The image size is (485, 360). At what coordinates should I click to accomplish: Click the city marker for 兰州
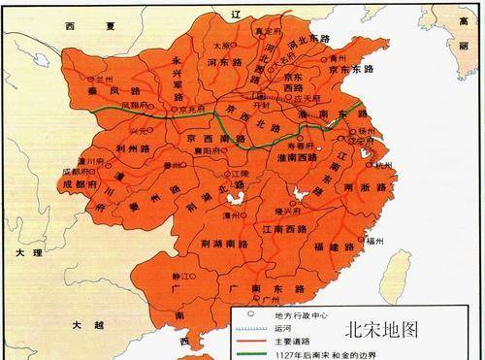(x=94, y=76)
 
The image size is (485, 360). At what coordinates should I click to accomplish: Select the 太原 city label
(x=220, y=45)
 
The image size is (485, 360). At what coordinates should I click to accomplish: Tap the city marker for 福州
(x=382, y=234)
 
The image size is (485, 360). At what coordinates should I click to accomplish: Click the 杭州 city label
(x=385, y=166)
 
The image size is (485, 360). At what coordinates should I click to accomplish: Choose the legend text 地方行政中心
(x=296, y=315)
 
